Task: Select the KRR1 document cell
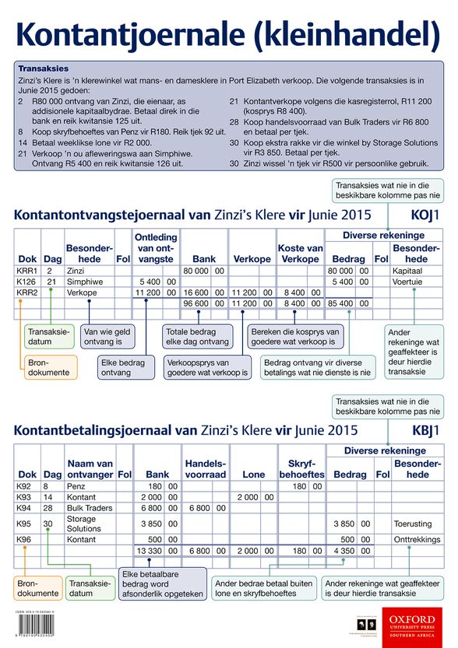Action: tap(26, 270)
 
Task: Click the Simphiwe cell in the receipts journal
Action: tap(83, 281)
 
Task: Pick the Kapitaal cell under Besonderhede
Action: tap(408, 270)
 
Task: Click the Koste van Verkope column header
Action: tap(300, 253)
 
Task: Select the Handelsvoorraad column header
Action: tap(206, 468)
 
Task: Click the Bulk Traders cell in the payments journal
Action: tap(90, 507)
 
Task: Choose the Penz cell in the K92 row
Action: tap(76, 485)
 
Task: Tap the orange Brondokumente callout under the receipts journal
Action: tap(48, 367)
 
